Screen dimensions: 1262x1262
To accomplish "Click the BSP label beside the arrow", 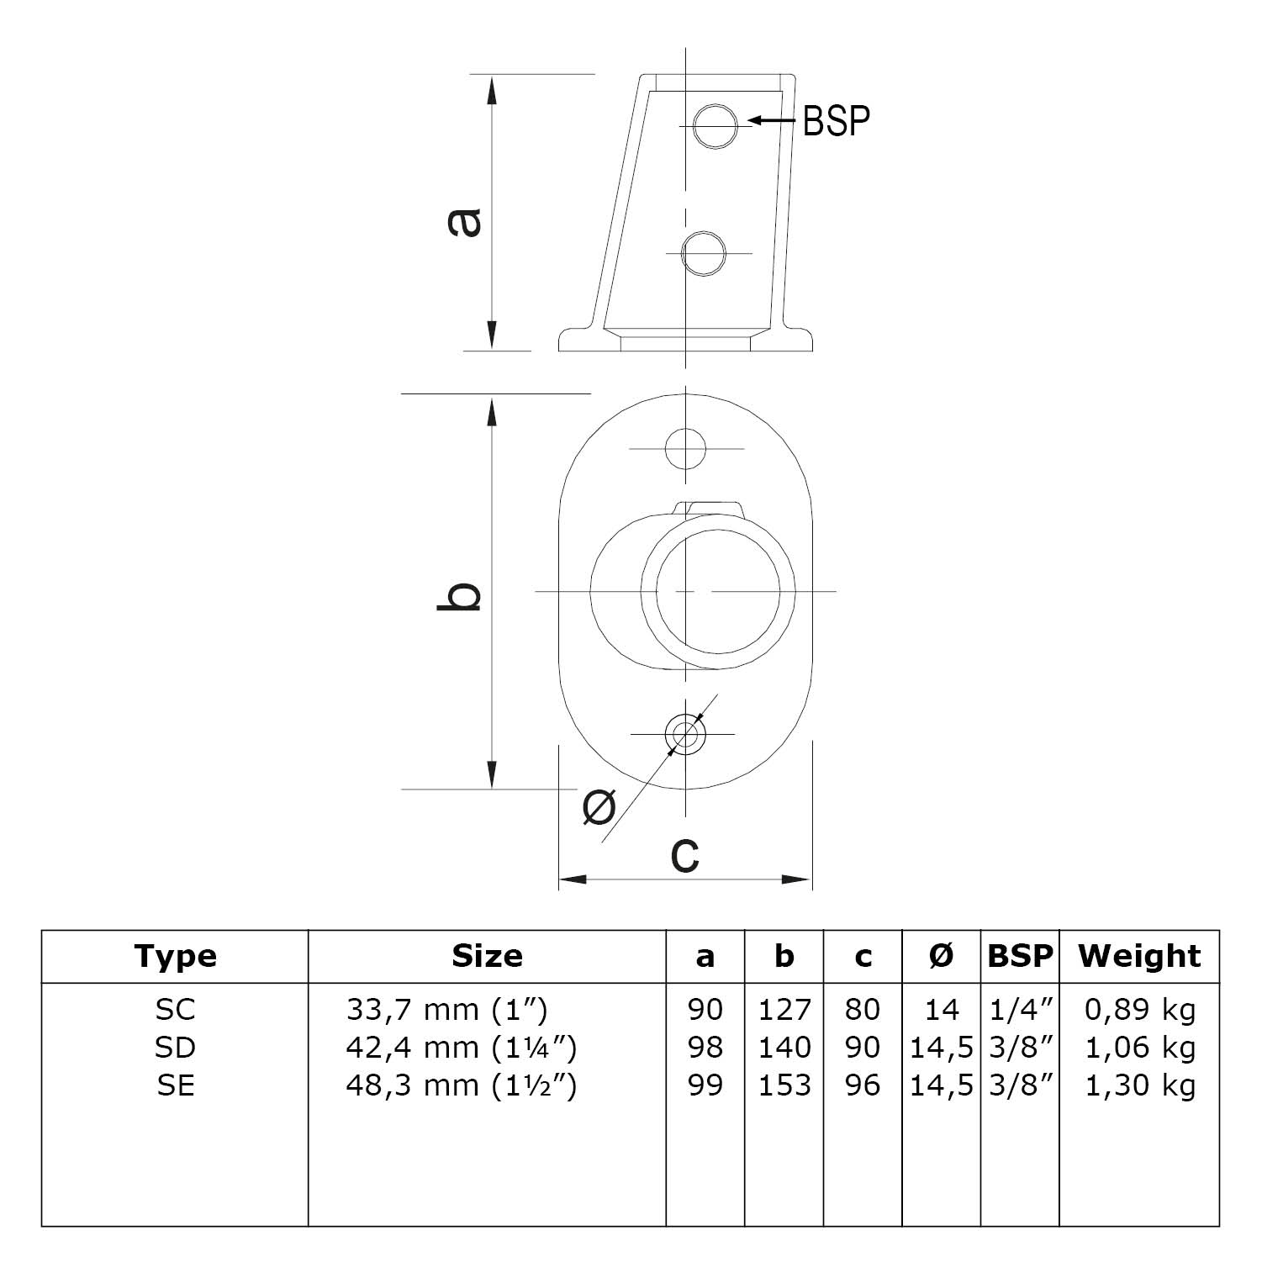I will point(836,121).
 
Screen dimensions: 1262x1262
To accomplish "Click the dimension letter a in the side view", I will point(464,221).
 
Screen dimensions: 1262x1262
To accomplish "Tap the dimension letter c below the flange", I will point(685,853).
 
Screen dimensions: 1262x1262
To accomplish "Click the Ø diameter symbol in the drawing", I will point(599,809).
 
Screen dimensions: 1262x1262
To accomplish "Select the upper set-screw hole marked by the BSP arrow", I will point(715,127).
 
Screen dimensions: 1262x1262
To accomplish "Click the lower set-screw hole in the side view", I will point(704,253).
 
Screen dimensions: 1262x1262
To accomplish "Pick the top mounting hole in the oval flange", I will point(685,449).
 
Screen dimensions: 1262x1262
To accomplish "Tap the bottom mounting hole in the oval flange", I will point(685,734).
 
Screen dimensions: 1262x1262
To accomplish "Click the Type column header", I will point(175,957).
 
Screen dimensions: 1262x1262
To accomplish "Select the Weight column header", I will point(1139,957).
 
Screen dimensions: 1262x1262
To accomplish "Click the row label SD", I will point(175,1048).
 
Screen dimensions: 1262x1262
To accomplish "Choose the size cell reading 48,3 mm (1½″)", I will point(461,1085).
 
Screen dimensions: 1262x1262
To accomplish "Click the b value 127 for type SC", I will point(784,1010).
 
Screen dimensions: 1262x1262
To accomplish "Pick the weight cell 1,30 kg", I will point(1140,1085).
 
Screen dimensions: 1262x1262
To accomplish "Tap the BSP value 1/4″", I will point(1021,1010).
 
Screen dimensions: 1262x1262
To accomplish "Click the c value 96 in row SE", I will point(863,1085).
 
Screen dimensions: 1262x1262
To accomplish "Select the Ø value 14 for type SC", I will point(941,1010).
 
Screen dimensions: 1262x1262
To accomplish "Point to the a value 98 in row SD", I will point(705,1048).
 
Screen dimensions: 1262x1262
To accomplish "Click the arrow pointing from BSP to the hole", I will point(772,121).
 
